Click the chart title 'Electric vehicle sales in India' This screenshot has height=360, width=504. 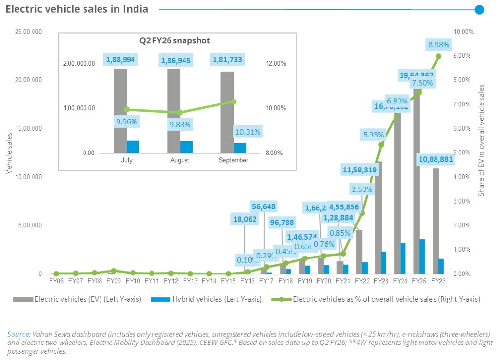77,9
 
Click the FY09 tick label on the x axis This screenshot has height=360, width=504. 113,281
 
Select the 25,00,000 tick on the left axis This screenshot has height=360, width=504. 29,32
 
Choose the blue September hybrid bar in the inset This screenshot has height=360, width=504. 240,148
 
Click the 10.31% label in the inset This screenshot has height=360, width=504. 248,132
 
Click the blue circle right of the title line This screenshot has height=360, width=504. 479,9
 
